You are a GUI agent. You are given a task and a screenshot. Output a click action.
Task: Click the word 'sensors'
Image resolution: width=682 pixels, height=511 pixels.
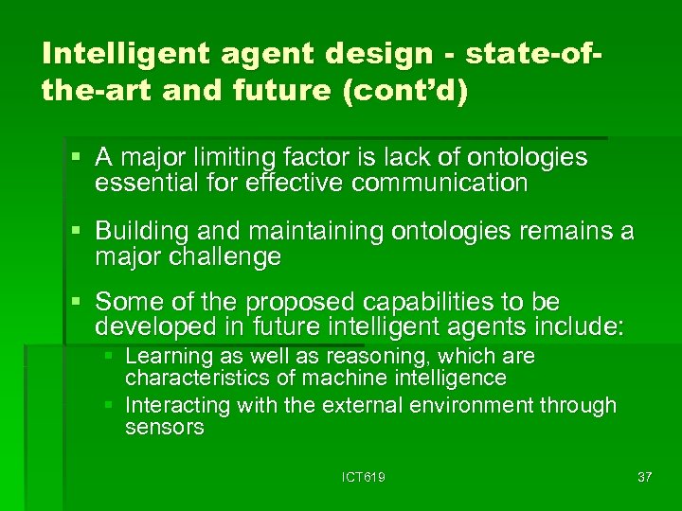164,428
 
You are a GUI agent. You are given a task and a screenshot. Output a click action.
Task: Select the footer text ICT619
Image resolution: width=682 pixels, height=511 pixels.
365,477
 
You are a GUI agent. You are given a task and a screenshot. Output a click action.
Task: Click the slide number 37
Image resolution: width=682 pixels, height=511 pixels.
645,477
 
